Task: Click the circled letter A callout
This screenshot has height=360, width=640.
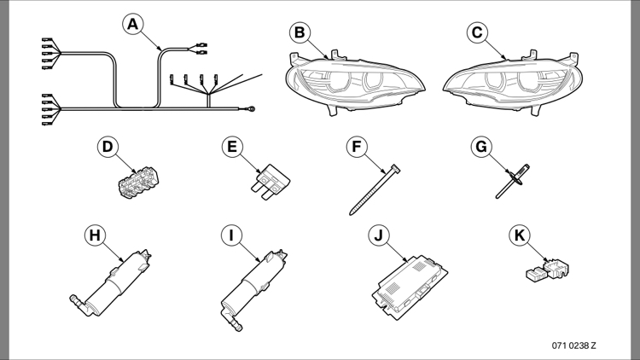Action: pos(132,26)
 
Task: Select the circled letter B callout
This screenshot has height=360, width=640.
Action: pos(298,32)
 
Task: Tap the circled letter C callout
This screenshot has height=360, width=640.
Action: pos(476,32)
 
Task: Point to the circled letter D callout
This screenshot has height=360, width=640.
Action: pos(107,147)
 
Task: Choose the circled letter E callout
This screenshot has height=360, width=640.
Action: pos(230,147)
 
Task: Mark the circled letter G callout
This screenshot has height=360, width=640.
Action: pos(481,147)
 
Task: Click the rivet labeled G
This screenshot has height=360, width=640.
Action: pos(511,181)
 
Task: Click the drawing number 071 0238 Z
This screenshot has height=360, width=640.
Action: pos(573,345)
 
